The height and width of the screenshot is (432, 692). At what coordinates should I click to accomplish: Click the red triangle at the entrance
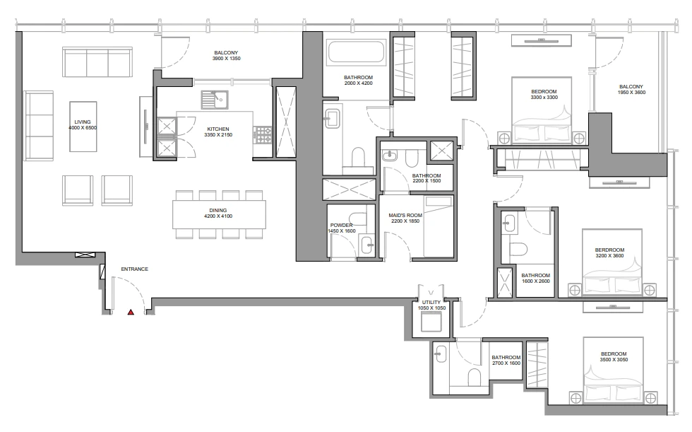point(131,312)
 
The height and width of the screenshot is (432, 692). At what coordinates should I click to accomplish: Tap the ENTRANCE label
point(135,269)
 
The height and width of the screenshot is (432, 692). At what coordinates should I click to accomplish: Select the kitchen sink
point(215,100)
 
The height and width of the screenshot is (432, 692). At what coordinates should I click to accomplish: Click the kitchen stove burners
point(263,135)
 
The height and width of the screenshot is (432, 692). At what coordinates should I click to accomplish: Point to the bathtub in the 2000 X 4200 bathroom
point(356,52)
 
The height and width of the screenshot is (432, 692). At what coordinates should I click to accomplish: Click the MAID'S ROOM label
point(405,216)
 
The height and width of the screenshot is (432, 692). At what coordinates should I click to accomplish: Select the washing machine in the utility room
point(431,321)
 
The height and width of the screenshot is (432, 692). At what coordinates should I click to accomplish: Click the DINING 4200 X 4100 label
point(218,214)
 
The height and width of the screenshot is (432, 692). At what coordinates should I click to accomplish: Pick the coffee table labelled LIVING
point(83,127)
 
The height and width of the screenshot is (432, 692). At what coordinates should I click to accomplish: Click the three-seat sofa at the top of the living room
point(97,62)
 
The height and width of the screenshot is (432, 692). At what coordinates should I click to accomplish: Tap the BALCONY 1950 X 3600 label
point(631,90)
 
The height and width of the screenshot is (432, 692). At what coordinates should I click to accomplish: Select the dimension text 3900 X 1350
point(227,58)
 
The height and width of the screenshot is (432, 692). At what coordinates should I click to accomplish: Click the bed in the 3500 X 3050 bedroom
point(613,371)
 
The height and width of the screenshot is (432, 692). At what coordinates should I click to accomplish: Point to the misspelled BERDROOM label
point(609,250)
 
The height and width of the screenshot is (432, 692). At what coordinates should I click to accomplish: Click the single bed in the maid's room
point(439,226)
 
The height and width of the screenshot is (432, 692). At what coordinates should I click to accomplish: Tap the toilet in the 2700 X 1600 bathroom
point(474,378)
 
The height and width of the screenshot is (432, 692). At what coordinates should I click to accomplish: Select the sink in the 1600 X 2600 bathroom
point(509,223)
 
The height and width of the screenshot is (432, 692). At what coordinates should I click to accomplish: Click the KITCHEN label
point(218,129)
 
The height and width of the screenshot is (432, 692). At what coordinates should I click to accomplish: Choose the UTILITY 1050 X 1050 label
point(431,305)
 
